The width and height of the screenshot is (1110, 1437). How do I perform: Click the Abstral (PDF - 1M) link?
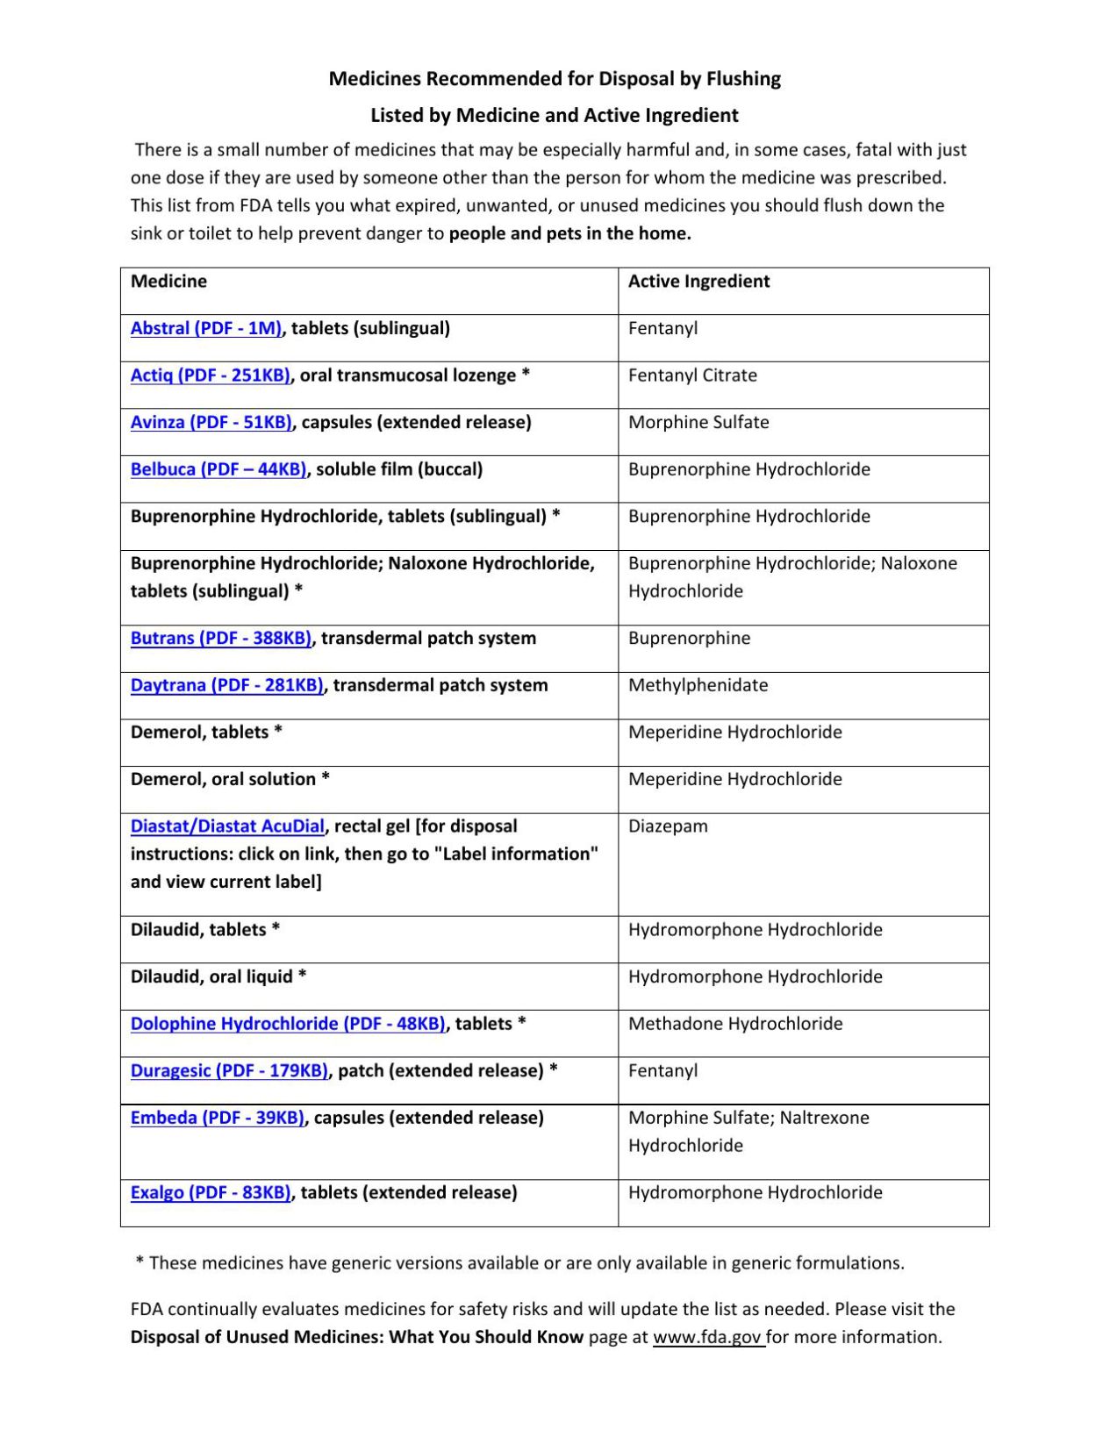(x=206, y=328)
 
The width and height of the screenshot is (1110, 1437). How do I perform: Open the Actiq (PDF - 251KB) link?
(x=210, y=375)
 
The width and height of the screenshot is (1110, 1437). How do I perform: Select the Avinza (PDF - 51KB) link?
(x=211, y=422)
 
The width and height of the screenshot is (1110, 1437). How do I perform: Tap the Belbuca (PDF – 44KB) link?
(x=218, y=469)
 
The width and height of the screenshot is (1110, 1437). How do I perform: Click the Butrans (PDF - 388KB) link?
(x=221, y=639)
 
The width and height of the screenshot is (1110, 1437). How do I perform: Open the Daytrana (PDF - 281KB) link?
(x=226, y=685)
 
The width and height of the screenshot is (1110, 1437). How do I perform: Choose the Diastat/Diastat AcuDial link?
(x=227, y=826)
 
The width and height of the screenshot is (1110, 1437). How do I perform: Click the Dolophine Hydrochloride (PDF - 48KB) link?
(x=288, y=1024)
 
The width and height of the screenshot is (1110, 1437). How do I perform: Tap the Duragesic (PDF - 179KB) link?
(x=229, y=1071)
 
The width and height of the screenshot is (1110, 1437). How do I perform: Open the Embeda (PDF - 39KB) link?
(x=217, y=1118)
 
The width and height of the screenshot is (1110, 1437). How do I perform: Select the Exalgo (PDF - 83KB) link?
(x=211, y=1193)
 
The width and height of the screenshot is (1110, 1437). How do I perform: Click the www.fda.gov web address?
(x=707, y=1337)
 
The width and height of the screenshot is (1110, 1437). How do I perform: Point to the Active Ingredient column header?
(x=698, y=282)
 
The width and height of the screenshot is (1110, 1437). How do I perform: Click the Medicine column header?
(x=168, y=282)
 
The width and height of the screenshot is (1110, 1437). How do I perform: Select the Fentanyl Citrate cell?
(x=692, y=375)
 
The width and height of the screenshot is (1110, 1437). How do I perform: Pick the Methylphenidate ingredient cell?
(x=698, y=685)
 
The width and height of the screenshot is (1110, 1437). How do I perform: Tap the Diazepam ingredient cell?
(x=668, y=826)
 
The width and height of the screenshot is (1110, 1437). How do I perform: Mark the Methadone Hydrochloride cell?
(x=735, y=1024)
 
